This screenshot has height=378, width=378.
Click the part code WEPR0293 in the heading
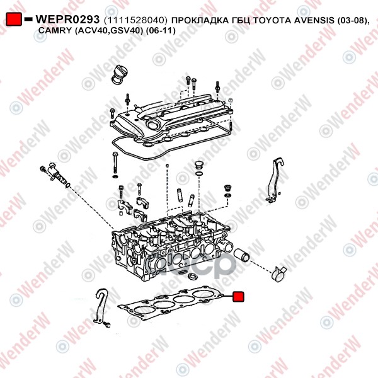tap(67, 20)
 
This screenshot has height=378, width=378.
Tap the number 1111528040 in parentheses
tap(135, 20)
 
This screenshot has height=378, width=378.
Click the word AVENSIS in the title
tap(314, 20)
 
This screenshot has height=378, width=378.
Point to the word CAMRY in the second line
tap(54, 30)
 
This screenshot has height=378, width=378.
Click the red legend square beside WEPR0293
tap(14, 19)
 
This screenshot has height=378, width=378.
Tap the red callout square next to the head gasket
tap(238, 297)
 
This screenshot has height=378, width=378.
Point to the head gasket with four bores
tap(170, 303)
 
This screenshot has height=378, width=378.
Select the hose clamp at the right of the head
tap(278, 274)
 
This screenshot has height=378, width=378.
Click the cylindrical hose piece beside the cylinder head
tap(242, 255)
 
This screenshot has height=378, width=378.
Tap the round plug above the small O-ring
tap(198, 164)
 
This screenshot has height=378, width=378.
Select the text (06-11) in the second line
tap(161, 31)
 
